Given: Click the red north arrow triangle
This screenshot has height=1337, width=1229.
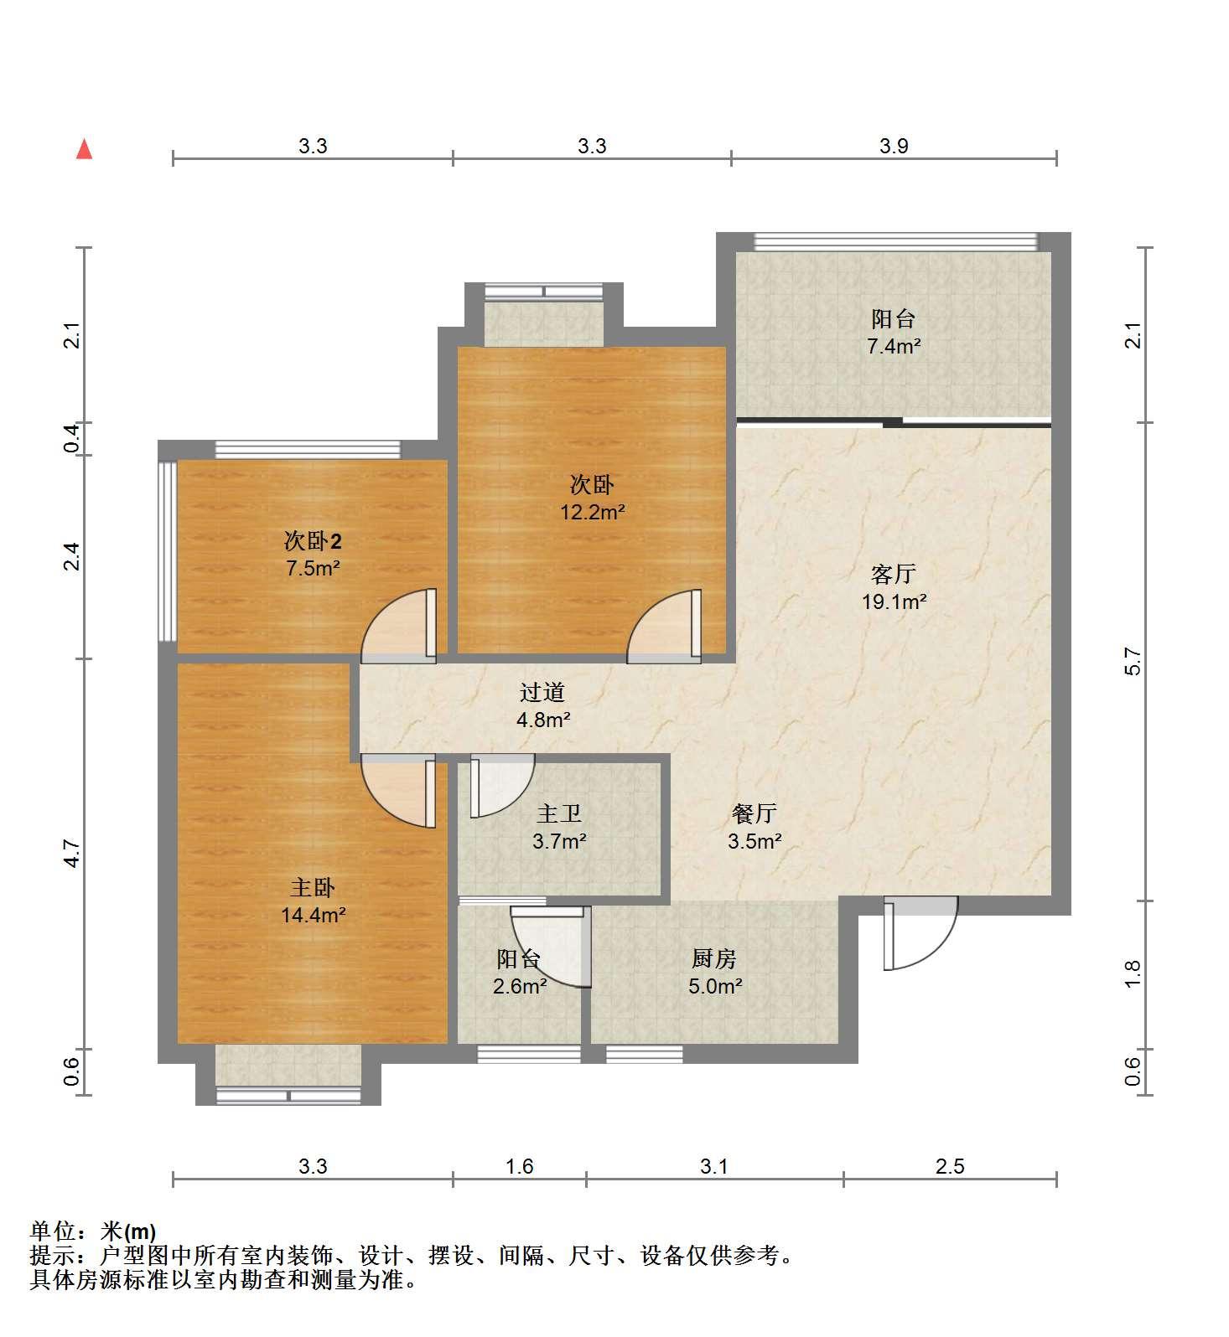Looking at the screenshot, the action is point(84,149).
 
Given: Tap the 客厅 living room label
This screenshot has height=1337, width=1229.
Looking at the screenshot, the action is point(893,574).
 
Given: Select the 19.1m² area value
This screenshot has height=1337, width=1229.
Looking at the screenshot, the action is point(894,601).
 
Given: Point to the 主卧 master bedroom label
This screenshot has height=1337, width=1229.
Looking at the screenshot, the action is point(314,887).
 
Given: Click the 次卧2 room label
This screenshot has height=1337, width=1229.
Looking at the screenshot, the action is point(313,541).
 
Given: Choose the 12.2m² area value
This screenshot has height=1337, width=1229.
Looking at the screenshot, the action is point(593,512).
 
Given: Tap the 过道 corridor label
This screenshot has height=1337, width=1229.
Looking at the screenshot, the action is point(542,692).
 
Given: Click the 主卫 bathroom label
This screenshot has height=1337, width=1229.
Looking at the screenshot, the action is point(559,813).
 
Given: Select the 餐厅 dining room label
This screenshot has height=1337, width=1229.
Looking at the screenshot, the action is point(755,813).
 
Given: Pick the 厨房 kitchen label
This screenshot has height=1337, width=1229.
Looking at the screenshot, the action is point(714,958).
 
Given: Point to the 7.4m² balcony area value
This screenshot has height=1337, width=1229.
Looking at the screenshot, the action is point(894,346).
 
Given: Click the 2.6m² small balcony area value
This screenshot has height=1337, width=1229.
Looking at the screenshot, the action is point(520,986).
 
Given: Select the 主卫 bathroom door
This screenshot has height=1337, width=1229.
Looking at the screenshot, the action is point(500,786).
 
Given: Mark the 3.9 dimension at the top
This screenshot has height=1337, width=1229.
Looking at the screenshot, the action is point(894,146).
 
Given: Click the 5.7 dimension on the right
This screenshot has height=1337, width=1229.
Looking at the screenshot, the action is point(1133,661).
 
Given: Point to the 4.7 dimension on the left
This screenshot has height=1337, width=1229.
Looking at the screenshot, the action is point(73,853).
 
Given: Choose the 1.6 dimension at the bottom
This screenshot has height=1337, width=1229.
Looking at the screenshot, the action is point(520,1165).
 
